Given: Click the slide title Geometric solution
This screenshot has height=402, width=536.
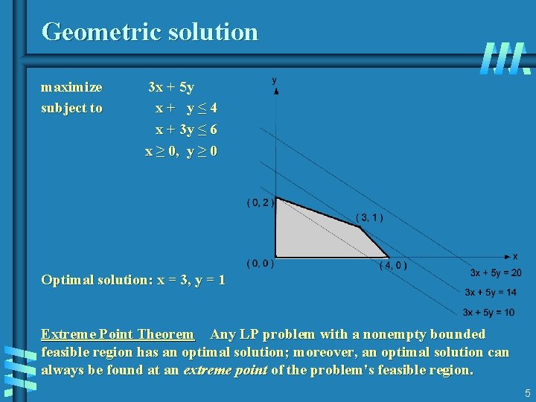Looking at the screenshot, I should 150,32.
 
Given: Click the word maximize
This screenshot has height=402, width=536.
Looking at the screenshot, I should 71,87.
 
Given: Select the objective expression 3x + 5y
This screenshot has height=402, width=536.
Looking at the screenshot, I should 171,87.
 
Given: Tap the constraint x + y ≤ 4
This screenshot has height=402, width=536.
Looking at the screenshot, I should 186,108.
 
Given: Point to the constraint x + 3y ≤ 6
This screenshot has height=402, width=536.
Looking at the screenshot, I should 186,130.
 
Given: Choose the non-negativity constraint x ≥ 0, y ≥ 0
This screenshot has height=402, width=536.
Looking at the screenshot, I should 181,151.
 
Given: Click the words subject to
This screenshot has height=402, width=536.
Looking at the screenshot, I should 71,108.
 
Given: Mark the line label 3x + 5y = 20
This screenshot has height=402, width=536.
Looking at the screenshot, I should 495,273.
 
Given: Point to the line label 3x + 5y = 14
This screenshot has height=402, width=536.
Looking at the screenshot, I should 490,293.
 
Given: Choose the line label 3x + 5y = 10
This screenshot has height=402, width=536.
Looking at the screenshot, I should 488,312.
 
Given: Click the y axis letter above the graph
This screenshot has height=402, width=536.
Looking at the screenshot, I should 275,80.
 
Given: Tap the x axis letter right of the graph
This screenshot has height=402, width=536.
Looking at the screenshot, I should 515,256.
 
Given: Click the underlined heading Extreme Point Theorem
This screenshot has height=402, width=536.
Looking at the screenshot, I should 117,334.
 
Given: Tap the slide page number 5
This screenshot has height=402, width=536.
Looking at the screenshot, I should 527,392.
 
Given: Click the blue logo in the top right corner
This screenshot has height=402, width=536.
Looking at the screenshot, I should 505,58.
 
